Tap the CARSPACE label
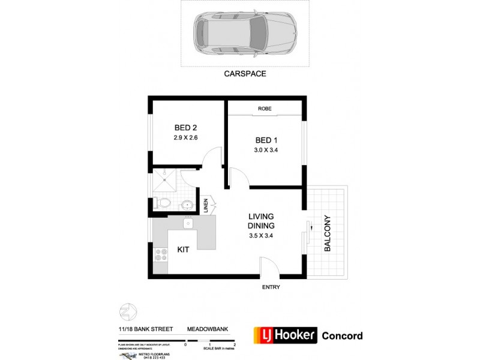click(x=245, y=74)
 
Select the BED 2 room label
click(x=186, y=127)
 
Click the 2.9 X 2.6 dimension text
click(x=186, y=137)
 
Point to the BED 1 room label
click(x=266, y=140)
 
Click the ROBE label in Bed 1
click(x=265, y=109)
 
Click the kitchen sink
click(x=188, y=223)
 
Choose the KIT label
click(x=184, y=249)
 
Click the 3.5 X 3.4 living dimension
click(x=262, y=235)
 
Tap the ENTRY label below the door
click(x=271, y=287)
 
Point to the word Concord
click(x=343, y=335)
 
